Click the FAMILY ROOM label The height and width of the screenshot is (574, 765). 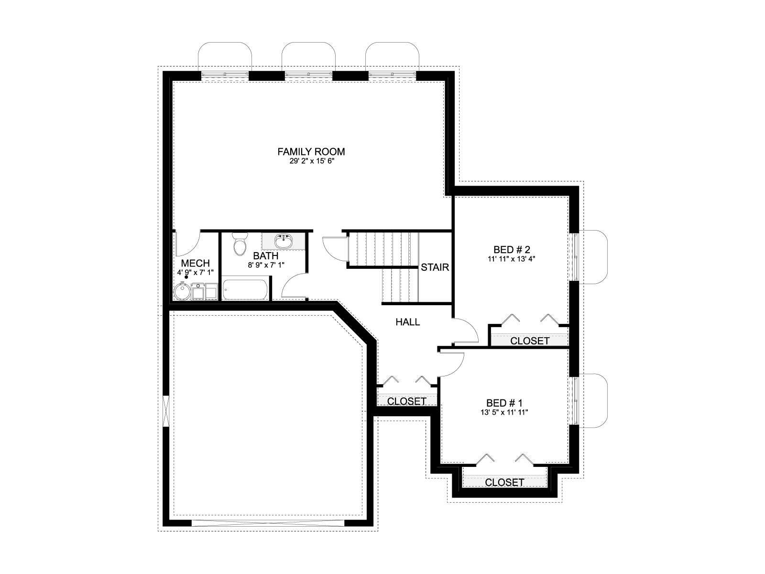coord(311,152)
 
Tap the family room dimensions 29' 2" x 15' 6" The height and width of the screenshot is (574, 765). coord(312,162)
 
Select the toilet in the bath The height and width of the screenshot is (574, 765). coord(240,243)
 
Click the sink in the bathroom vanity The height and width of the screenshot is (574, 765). coord(284,241)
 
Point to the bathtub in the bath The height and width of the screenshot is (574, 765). coord(245,288)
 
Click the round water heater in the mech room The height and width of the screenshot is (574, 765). coord(182,291)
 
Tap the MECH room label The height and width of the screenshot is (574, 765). coord(195,263)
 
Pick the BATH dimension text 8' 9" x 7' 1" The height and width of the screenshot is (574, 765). coord(266,265)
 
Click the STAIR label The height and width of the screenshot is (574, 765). coord(435,267)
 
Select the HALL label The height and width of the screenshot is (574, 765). coord(407,321)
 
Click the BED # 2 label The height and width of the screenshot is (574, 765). coord(511,250)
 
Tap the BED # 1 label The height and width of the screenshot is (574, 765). coord(504,403)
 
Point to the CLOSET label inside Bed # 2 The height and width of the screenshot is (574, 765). coord(530,341)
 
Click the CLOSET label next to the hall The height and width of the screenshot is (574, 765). coord(406,401)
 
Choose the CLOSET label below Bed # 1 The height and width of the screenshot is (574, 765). coord(504,482)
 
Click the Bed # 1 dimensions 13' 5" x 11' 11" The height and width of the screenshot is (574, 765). coord(504,413)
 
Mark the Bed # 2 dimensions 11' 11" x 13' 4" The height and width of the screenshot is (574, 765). coord(511,259)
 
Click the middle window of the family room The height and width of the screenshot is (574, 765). coord(308,74)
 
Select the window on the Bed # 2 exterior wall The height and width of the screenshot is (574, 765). coord(574,257)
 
